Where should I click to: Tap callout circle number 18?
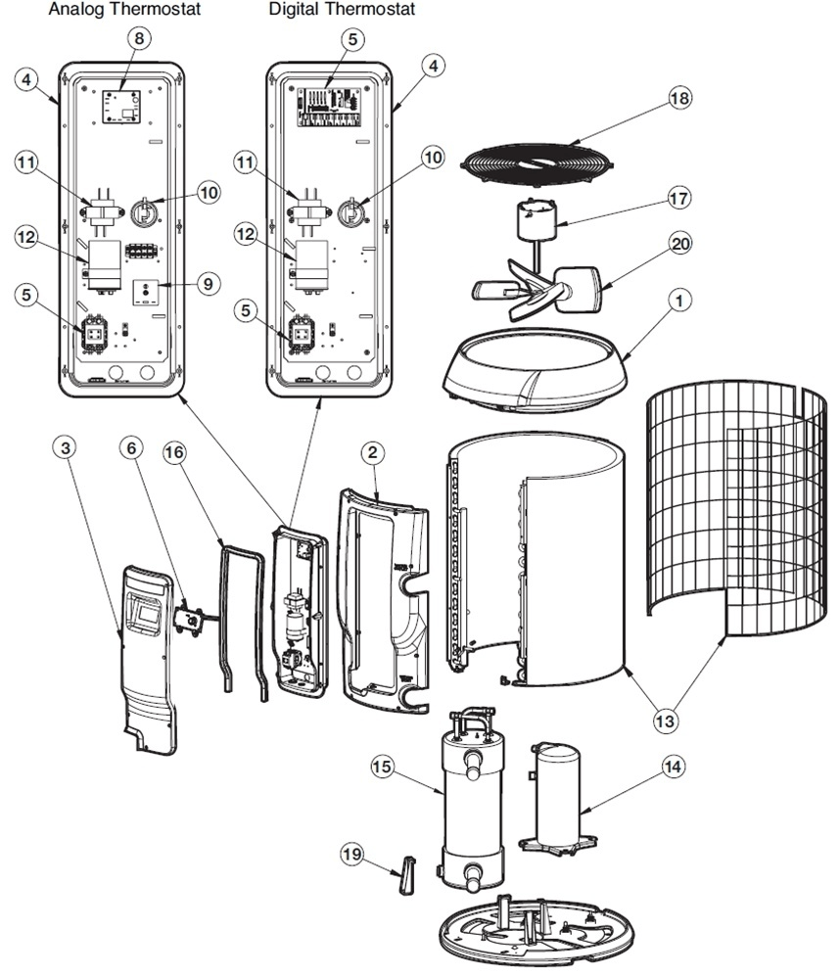pos(679,99)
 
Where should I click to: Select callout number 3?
pos(65,449)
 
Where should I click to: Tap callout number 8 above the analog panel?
pos(141,39)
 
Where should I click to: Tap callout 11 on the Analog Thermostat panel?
pos(28,163)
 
